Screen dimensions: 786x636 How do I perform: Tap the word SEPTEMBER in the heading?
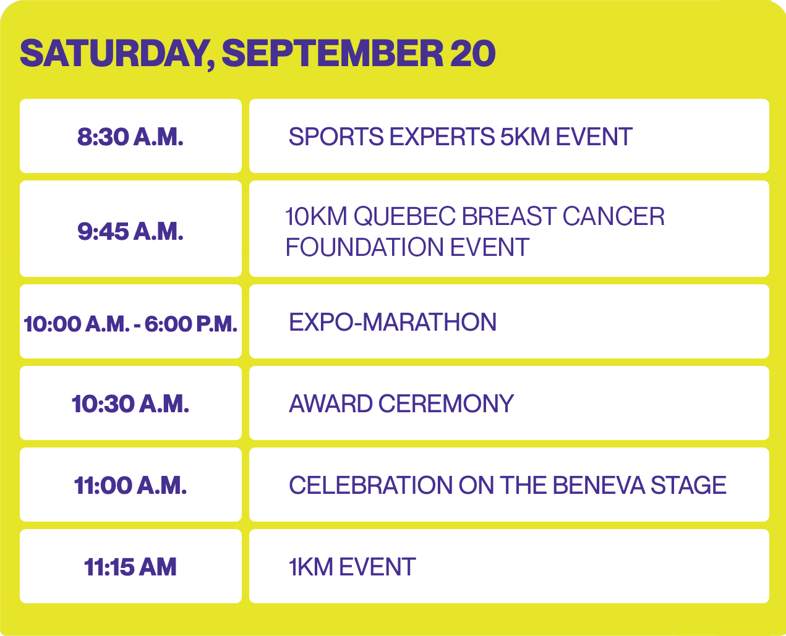coord(333,53)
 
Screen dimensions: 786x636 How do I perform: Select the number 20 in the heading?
coord(472,53)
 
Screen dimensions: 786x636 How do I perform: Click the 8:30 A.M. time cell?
coord(130,137)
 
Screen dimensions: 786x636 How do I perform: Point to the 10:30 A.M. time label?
coord(130,404)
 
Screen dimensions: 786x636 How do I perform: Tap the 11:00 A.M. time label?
coord(130,485)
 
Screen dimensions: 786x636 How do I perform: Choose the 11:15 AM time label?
coord(130,567)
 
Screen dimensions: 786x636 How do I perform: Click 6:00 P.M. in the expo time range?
coord(191,324)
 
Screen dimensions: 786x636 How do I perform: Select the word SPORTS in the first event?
coord(336,137)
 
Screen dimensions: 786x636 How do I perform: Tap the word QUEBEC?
coord(404,216)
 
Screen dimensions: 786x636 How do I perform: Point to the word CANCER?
coord(613,216)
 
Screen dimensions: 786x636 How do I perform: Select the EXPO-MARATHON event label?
coord(393,322)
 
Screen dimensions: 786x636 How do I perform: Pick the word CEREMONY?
coord(446,404)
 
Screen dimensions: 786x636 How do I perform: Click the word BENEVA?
coord(599,485)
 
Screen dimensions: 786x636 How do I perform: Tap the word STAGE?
coord(688,485)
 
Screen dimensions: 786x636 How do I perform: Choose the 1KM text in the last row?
coord(310,567)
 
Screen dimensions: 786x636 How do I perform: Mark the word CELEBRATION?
coord(370,485)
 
